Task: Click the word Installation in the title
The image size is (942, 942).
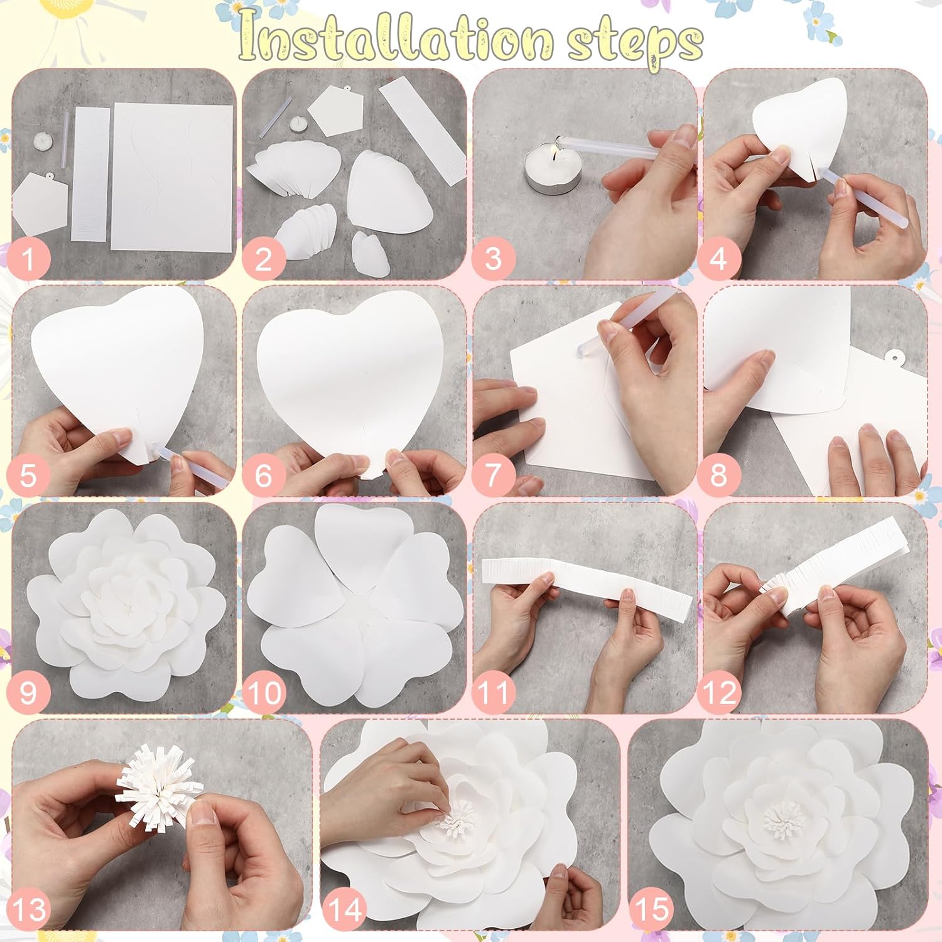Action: tap(396, 39)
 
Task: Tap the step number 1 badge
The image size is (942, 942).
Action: tap(28, 258)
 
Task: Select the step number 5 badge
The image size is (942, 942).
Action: tap(28, 475)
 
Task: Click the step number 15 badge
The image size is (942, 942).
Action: tap(652, 909)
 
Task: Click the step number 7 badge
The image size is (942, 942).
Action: tap(493, 475)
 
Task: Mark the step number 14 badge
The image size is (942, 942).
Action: tap(345, 909)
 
